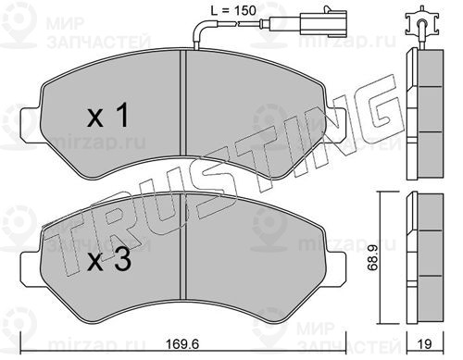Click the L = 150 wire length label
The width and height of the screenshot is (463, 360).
pos(233,11)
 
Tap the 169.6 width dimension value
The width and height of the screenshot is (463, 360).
pos(182,344)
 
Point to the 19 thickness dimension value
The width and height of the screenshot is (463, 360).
pos(425,344)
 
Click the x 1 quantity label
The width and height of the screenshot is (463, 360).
pos(107,116)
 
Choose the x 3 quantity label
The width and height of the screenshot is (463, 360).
pos(109,260)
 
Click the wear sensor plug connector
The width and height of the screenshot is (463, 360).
pos(308,21)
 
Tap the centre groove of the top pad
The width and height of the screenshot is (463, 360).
pos(183,104)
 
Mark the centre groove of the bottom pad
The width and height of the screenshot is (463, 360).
pos(183,247)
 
